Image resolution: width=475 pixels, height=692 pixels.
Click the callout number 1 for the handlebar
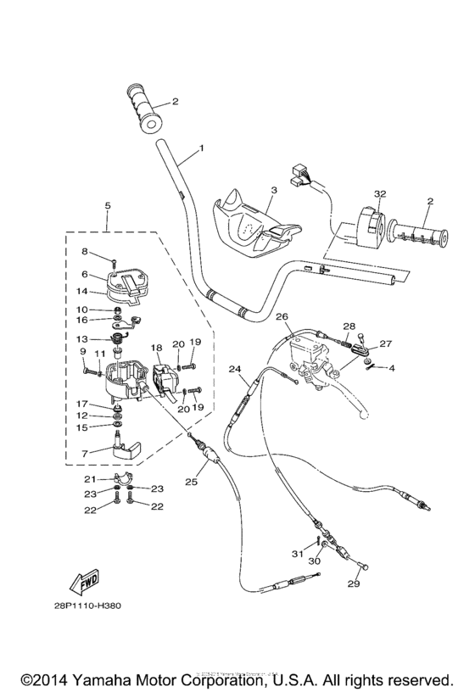[201, 148]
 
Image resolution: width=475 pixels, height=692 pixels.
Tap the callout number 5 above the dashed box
[107, 206]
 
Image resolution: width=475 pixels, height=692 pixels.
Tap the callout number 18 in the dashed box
[155, 348]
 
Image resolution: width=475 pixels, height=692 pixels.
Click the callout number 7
[84, 455]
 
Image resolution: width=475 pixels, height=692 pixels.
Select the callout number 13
[84, 338]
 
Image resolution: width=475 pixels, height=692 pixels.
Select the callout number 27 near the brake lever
[387, 344]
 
